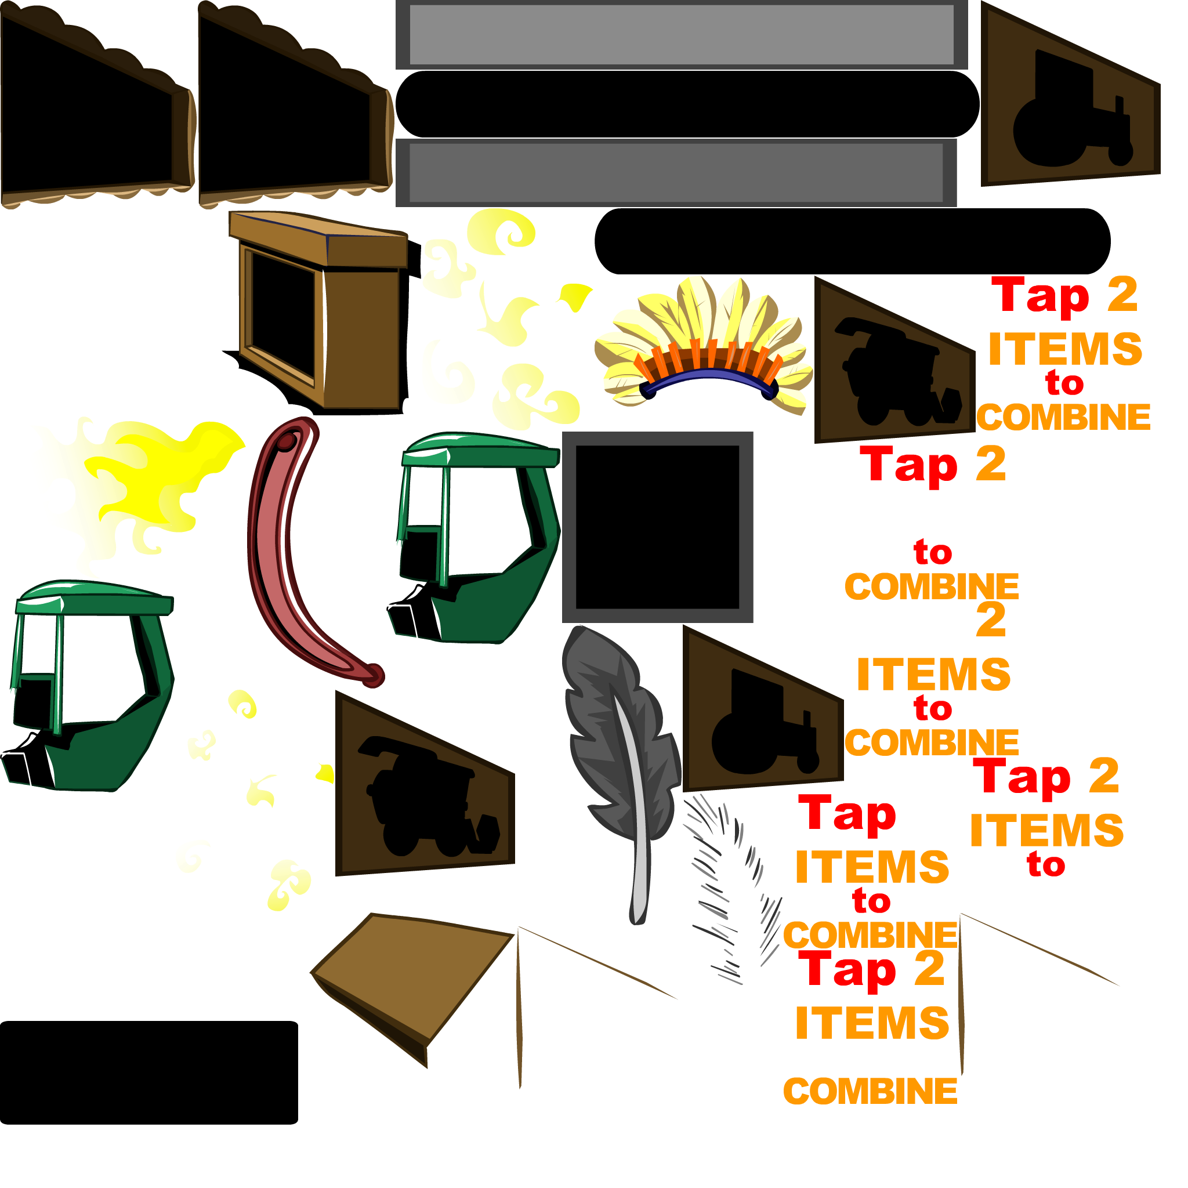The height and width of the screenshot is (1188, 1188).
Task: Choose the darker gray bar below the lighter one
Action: click(676, 173)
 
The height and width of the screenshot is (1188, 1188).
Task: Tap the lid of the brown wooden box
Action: click(317, 237)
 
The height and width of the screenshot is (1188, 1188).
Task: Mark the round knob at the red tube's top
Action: click(287, 441)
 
